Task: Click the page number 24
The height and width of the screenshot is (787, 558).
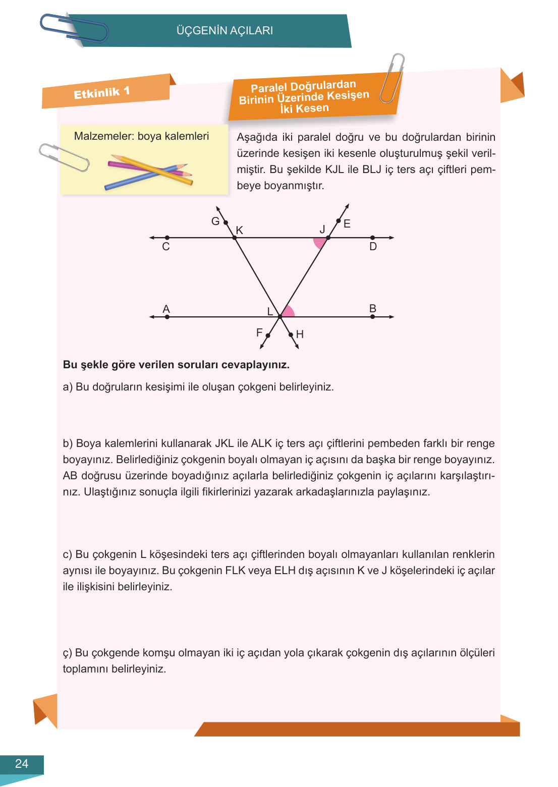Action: click(x=22, y=764)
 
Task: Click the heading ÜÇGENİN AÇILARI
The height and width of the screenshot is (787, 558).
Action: click(x=225, y=31)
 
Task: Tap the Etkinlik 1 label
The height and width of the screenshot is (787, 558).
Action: click(x=102, y=93)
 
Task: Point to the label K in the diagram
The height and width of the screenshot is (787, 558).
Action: click(x=240, y=230)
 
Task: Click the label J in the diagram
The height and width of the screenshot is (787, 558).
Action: click(x=322, y=230)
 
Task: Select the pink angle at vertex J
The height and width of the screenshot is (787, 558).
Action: click(x=320, y=243)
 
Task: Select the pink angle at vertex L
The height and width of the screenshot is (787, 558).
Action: click(x=288, y=311)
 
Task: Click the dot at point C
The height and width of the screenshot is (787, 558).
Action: click(x=167, y=238)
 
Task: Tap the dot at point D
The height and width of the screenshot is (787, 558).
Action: click(x=372, y=238)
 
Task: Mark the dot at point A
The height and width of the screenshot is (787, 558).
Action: click(x=167, y=317)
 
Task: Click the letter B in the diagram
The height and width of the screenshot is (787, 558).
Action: click(x=372, y=308)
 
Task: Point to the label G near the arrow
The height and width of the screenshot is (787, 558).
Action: click(x=215, y=221)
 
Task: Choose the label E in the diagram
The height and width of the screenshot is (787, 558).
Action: click(x=347, y=223)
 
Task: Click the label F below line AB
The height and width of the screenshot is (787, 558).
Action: click(x=259, y=332)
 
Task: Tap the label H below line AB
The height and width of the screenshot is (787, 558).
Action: click(x=300, y=334)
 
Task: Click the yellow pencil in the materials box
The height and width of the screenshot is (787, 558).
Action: click(x=151, y=170)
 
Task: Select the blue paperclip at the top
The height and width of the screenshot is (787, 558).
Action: click(x=75, y=28)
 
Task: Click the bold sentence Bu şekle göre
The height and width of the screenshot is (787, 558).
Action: click(x=176, y=365)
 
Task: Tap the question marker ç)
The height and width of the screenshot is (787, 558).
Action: click(x=68, y=653)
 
